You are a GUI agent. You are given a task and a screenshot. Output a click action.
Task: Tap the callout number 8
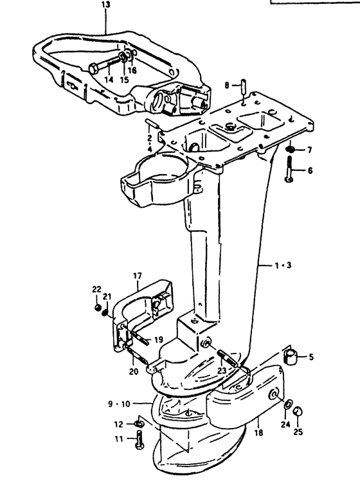(x=227, y=85)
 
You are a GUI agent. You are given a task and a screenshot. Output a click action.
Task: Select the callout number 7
(x=309, y=150)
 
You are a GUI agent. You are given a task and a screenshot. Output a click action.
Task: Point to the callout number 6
(x=310, y=170)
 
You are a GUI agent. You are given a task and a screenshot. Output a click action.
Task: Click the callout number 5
(x=311, y=357)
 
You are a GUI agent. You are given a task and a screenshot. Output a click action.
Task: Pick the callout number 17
(x=138, y=276)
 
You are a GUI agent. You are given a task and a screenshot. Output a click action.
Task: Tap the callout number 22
(x=97, y=289)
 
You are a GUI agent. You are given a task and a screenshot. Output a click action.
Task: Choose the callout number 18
(x=259, y=433)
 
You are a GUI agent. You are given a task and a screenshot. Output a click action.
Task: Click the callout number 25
(x=298, y=432)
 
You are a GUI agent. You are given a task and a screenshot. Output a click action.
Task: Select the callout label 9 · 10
(x=120, y=404)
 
